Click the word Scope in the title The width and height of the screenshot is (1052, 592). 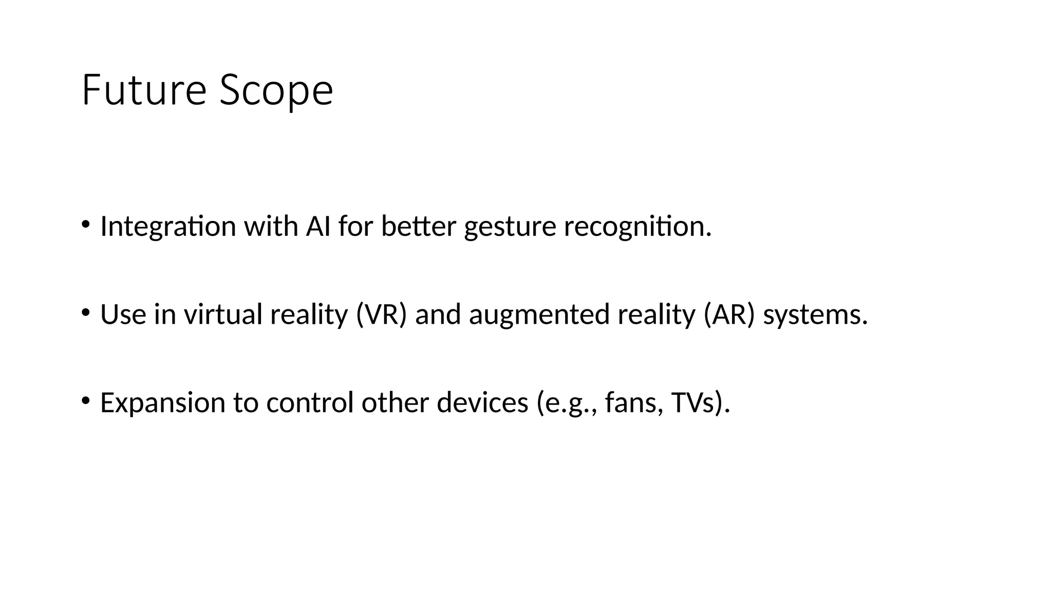pos(276,91)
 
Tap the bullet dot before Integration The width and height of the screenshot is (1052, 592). pos(85,224)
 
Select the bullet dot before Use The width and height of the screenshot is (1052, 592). pos(85,312)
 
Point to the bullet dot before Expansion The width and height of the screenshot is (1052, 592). pos(85,400)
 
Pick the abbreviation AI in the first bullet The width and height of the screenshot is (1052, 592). pos(318,226)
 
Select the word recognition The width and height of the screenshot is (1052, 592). pos(637,227)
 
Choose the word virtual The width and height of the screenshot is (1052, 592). pos(223,314)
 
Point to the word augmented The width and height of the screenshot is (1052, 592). pos(539,315)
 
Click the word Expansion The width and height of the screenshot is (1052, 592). pos(162,403)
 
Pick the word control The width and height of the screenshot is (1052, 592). pos(310,402)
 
